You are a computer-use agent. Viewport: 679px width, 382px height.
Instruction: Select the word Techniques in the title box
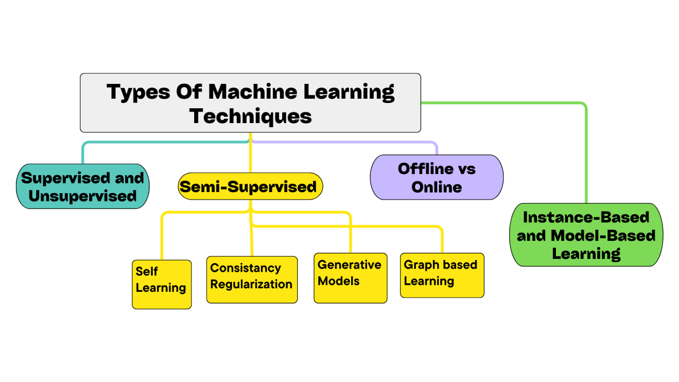(x=250, y=116)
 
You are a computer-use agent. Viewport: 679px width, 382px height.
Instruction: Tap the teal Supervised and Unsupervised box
(x=82, y=186)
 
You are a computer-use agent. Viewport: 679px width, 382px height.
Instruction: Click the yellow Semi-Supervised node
(x=250, y=186)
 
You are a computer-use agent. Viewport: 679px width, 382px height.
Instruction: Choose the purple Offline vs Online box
(x=436, y=177)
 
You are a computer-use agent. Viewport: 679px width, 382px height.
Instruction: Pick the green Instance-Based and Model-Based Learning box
(x=586, y=235)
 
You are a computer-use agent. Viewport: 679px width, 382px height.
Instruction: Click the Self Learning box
(x=161, y=284)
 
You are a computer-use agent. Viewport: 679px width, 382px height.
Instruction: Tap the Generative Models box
(x=350, y=277)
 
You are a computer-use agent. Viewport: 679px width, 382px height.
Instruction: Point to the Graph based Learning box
(x=442, y=275)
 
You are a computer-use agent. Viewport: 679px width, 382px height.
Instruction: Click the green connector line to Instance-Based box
(x=586, y=154)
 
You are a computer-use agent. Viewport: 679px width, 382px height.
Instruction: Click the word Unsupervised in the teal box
(x=82, y=196)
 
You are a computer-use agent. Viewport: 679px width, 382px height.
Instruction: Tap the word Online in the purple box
(x=436, y=187)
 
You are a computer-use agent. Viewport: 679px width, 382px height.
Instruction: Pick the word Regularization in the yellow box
(x=251, y=284)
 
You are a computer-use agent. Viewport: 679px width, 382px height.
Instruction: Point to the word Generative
(x=349, y=265)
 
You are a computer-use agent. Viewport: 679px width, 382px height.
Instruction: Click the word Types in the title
(x=138, y=92)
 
